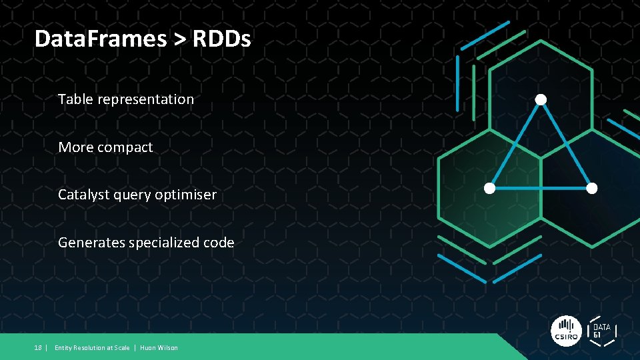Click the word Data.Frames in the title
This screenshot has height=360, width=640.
101,39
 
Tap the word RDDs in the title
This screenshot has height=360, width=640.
222,39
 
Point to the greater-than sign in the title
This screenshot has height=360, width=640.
180,39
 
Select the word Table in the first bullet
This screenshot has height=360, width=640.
75,99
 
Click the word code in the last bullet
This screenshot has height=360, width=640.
219,243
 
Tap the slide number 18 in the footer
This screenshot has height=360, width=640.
39,348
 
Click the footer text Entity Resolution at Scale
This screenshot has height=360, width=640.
92,348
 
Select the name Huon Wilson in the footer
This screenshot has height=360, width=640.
159,348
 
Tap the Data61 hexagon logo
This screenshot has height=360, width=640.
601,331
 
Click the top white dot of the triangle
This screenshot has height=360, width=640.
541,99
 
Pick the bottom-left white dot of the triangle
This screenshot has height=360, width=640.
489,188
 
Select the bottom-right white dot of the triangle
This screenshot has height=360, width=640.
591,188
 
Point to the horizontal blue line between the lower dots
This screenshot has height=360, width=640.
540,188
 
